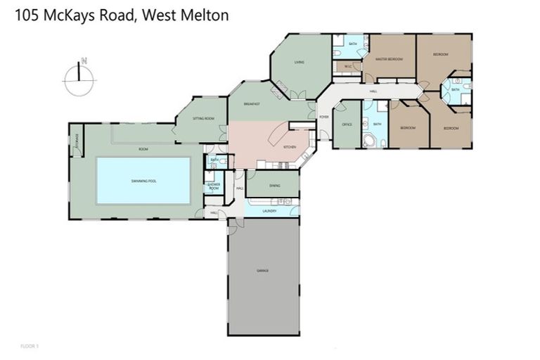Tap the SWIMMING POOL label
pos(143,181)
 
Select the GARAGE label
pos(262,271)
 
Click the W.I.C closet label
pos(347,67)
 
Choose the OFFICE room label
pos(346,124)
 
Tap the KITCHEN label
pos(289,147)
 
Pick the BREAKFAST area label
pos(252,104)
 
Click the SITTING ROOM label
pos(204,119)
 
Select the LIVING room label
pos(299,63)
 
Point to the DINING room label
pos(274,185)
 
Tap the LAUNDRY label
pos(269,211)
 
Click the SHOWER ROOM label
pos(214,188)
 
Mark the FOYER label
pos(324,117)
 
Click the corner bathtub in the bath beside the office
pos(368,139)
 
